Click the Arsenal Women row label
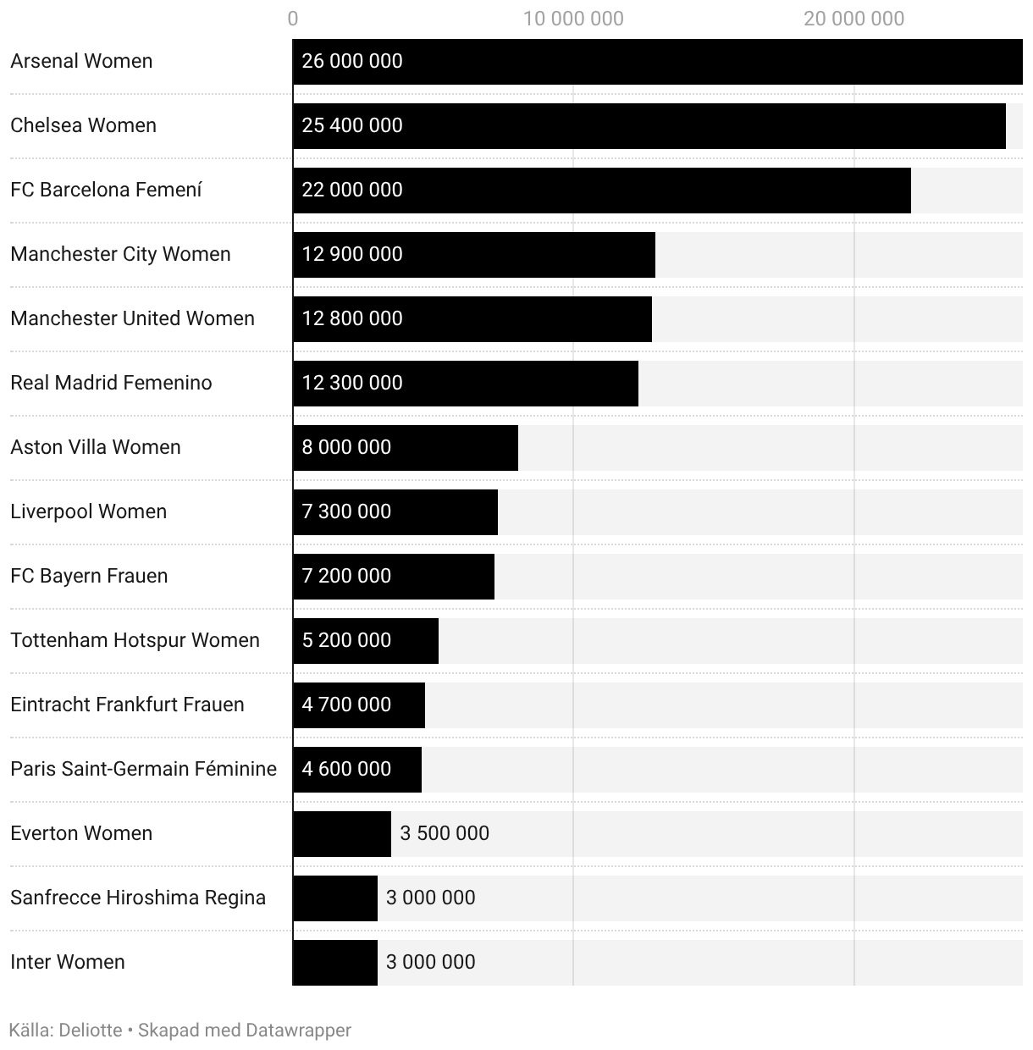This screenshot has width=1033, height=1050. click(x=81, y=61)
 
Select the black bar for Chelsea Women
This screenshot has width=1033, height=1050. click(x=649, y=126)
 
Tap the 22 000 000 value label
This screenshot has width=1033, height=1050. click(x=352, y=190)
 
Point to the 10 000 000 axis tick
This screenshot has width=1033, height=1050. click(x=573, y=19)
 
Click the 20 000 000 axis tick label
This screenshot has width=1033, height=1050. click(x=853, y=19)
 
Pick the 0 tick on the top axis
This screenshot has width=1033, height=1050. click(x=293, y=19)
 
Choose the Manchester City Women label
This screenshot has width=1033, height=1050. click(x=120, y=254)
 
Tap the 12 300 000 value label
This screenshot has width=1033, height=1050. click(x=352, y=383)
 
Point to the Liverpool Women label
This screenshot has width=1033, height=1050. click(x=88, y=511)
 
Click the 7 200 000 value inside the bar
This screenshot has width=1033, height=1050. click(x=346, y=576)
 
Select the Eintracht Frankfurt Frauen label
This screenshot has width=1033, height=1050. click(x=127, y=705)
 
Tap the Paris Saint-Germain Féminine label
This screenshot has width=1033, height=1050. click(x=143, y=769)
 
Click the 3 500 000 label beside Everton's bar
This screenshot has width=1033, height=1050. click(x=445, y=833)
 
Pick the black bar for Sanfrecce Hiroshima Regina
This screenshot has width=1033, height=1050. click(x=335, y=898)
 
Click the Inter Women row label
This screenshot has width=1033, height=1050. click(x=68, y=962)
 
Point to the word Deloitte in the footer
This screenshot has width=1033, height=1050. click(x=91, y=1031)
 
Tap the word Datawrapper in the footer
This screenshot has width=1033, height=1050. click(x=298, y=1031)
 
